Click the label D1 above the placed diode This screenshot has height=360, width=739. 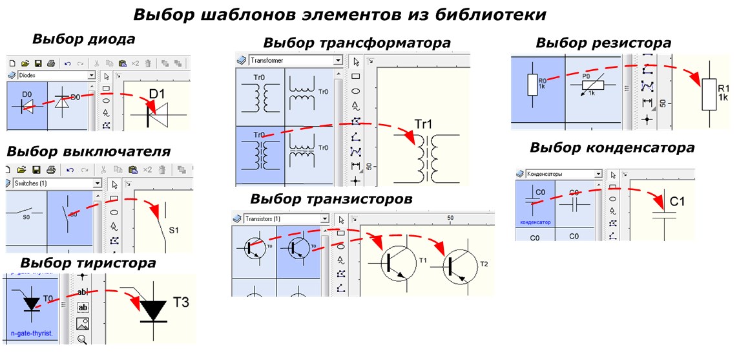[157, 95]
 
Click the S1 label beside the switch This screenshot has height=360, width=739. [174, 229]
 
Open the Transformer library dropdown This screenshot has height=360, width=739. [294, 60]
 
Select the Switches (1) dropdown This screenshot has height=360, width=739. [56, 184]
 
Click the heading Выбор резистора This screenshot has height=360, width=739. [603, 43]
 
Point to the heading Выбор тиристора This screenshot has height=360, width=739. [88, 263]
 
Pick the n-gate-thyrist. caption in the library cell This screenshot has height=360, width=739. [32, 333]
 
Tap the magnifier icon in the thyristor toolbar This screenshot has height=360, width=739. [83, 339]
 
